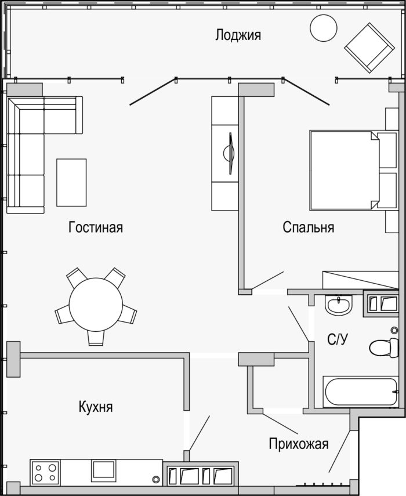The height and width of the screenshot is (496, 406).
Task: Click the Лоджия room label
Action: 238,35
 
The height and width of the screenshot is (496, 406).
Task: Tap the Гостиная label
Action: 96,227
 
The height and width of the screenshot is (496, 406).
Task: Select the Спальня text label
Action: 309,227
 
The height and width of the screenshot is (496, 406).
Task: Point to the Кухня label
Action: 96,407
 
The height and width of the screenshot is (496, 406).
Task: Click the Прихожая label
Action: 299,444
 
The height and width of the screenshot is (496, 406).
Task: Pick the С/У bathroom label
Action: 338,339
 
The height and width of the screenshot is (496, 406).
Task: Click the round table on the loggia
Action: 324,27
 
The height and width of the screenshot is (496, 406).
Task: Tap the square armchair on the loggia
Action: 369,48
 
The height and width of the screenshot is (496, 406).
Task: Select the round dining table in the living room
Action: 96,305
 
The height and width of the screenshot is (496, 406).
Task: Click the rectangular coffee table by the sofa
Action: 71,183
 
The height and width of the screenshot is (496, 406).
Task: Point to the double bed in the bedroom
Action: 345,170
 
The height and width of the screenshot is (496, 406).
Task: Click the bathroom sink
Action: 338,305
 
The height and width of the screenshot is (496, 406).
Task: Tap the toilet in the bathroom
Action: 384,347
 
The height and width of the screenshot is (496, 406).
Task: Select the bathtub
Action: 361,392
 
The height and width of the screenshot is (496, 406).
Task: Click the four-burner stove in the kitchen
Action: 45,473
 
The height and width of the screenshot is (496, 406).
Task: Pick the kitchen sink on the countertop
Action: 103,470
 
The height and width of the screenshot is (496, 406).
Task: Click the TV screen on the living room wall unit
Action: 230,153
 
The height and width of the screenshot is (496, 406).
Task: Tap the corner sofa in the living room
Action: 44,155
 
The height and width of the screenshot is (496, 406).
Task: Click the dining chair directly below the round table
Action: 96,338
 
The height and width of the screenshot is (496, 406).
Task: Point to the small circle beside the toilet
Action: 394,330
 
